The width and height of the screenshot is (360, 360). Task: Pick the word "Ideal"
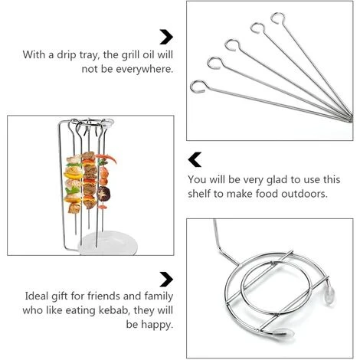(37, 296)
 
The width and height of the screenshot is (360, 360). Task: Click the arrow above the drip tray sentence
(165, 36)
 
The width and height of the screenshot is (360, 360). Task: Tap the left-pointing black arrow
(195, 159)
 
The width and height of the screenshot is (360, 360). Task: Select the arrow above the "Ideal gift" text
(165, 278)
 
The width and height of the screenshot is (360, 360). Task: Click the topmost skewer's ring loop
(278, 18)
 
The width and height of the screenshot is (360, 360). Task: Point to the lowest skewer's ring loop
(199, 86)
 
